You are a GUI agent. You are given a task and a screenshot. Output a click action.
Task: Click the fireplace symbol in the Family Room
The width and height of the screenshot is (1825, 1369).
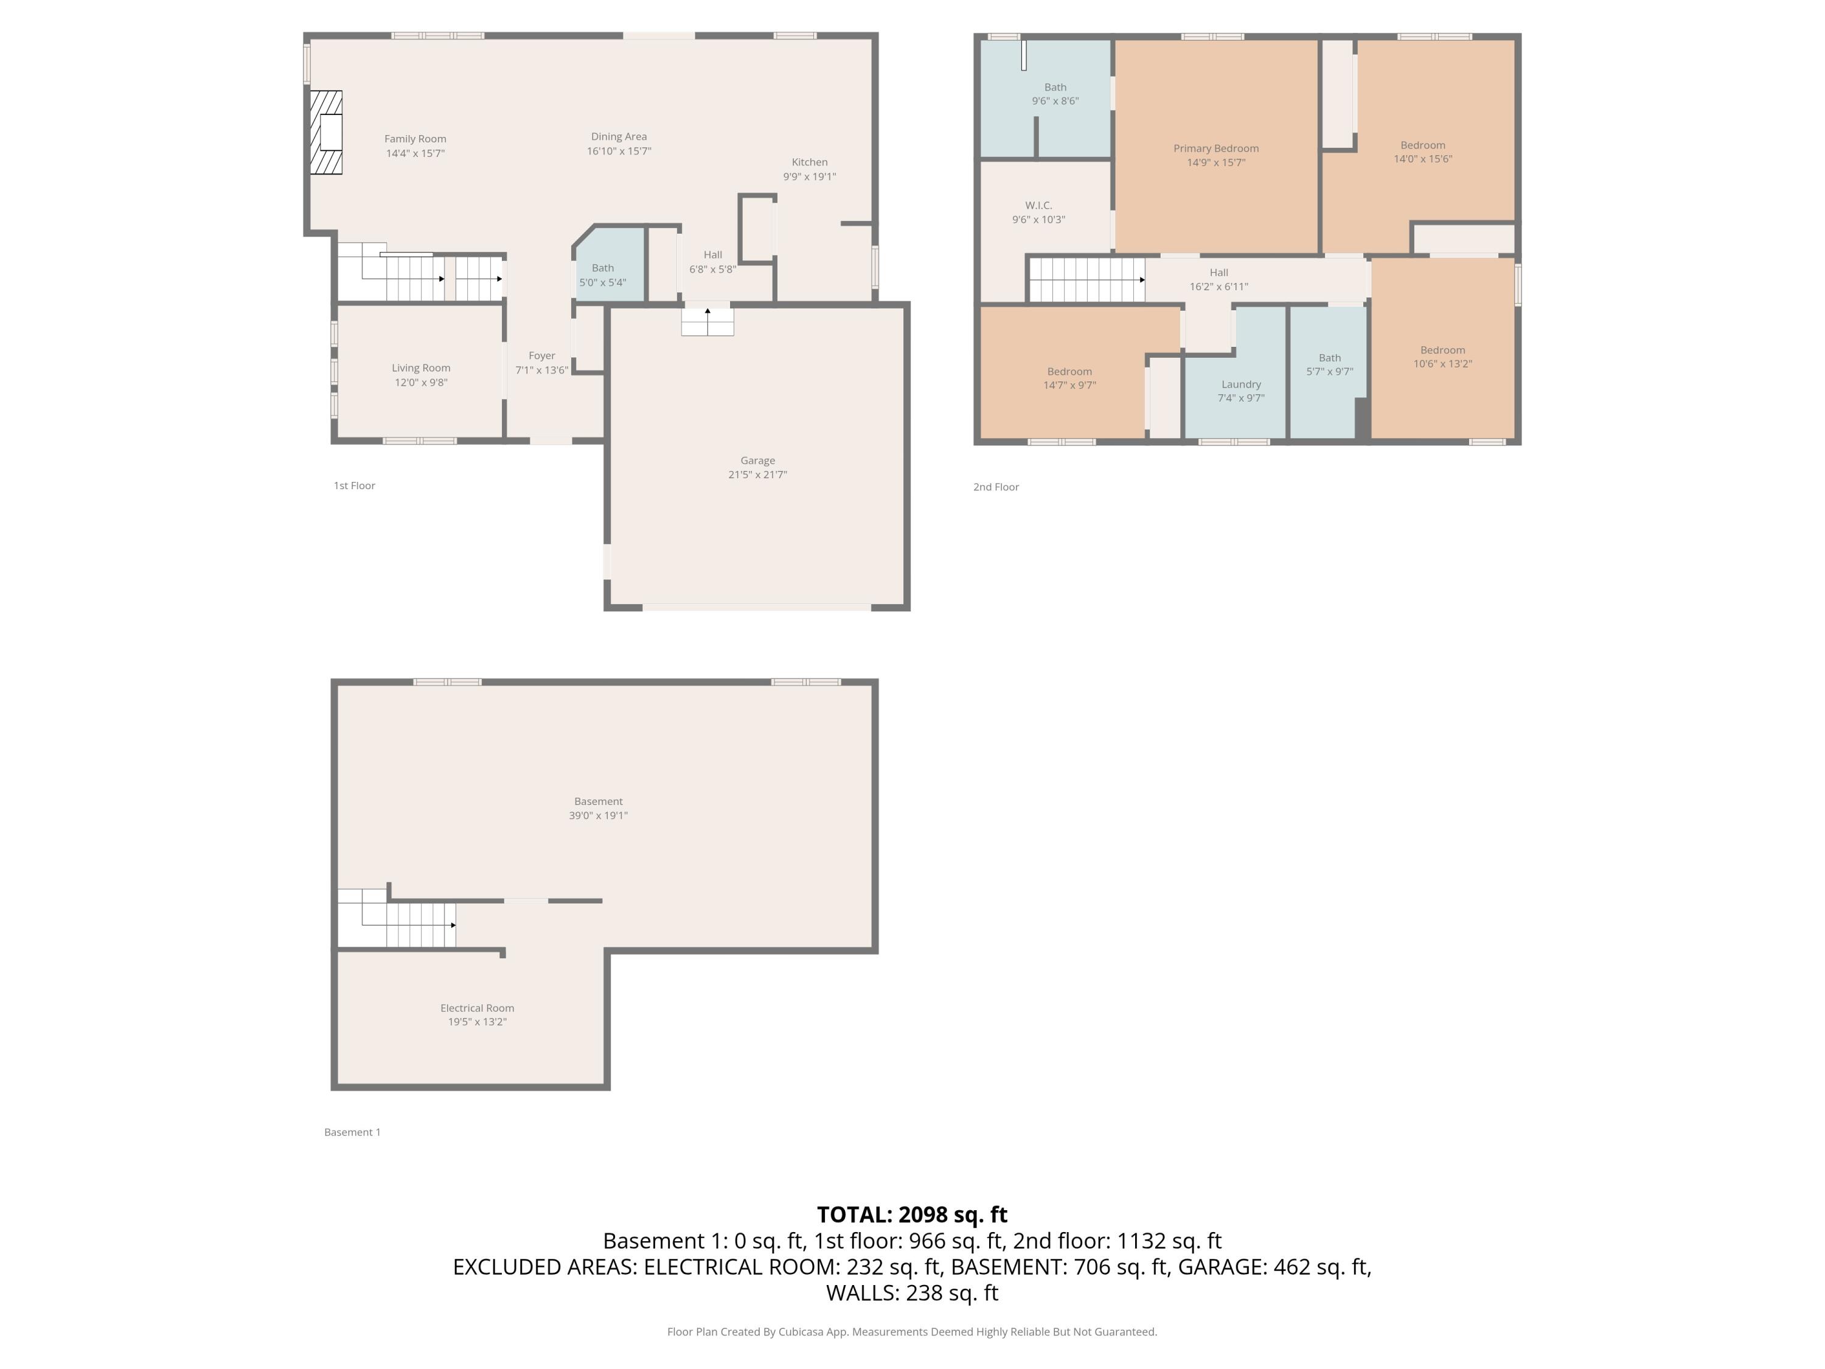326,133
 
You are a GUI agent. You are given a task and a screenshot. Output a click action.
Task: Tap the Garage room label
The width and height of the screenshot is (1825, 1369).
757,461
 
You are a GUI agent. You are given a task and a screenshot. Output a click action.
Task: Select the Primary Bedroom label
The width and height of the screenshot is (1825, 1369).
1215,148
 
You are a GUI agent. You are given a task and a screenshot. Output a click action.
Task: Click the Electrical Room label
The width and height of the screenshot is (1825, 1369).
477,1008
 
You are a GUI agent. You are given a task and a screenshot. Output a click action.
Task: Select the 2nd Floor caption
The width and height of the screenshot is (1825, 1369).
995,487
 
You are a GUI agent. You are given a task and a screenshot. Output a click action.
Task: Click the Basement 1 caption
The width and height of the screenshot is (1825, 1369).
352,1132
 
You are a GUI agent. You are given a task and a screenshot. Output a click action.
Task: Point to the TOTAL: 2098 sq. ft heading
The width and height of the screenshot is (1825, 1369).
912,1214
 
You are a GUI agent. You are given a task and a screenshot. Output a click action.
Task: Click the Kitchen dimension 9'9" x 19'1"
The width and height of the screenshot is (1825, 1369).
808,176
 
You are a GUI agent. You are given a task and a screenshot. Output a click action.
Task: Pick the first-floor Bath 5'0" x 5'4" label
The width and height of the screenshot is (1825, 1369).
602,275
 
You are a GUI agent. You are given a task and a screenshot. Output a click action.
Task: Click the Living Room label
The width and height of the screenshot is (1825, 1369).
421,368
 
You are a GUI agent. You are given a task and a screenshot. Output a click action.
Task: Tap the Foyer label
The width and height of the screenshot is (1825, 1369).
541,356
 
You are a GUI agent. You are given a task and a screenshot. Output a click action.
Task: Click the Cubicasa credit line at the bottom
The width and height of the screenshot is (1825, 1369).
912,1331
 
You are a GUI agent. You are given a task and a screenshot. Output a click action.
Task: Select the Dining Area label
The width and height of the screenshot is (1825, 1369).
618,137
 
